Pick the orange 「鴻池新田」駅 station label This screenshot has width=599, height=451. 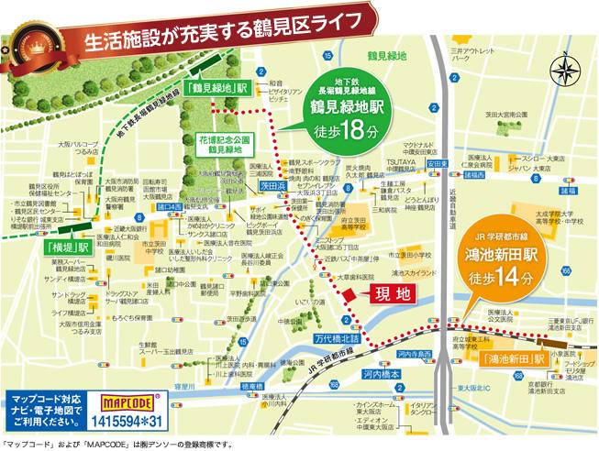pos(512,357)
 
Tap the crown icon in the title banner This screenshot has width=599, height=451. pos(37,43)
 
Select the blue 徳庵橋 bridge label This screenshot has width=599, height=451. pos(251,388)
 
